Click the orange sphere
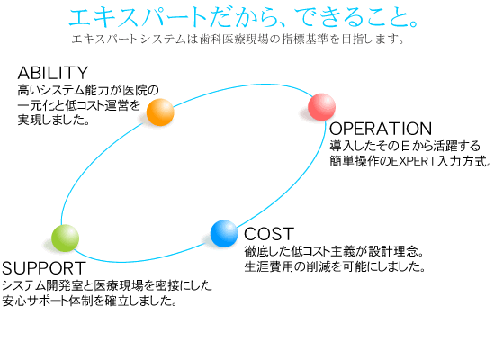click(160, 112)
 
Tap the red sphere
click(321, 107)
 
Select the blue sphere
click(224, 234)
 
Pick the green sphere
click(66, 238)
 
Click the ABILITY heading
click(53, 73)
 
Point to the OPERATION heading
click(381, 129)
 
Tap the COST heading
click(269, 234)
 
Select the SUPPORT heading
click(44, 268)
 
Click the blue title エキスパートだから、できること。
click(244, 17)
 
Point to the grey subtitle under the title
click(238, 40)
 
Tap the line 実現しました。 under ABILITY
click(54, 120)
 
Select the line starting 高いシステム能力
click(88, 91)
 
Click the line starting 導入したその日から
click(405, 146)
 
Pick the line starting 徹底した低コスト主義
click(334, 252)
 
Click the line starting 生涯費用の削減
click(335, 266)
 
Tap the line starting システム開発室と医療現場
click(107, 286)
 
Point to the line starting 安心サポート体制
click(89, 301)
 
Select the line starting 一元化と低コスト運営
click(79, 105)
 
